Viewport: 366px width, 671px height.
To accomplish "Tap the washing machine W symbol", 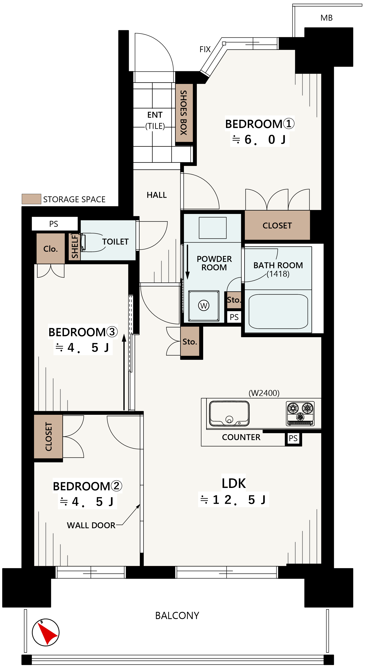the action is [x=203, y=305].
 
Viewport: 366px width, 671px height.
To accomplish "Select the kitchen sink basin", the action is [x=229, y=413].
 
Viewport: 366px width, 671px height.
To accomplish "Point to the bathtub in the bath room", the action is [x=278, y=311].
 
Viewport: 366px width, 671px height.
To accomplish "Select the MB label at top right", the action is [x=326, y=18].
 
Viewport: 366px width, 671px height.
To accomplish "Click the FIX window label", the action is [x=205, y=49].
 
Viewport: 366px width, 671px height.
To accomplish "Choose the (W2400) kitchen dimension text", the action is [x=264, y=393].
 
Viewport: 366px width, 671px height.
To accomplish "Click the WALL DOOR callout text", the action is [x=91, y=525].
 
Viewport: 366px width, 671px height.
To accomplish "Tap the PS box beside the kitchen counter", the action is [x=293, y=438].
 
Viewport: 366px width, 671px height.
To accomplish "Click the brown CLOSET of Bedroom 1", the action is [x=277, y=225].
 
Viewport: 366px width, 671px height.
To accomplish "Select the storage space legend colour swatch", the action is [x=31, y=199].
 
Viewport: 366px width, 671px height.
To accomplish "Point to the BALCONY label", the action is [x=177, y=616].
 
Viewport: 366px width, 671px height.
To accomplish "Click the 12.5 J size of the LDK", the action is [x=233, y=500].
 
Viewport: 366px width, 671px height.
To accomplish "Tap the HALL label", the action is [x=156, y=195].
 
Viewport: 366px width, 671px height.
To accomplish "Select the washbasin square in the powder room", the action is [x=212, y=228].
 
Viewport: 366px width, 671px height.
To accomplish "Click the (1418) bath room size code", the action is [x=278, y=274].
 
